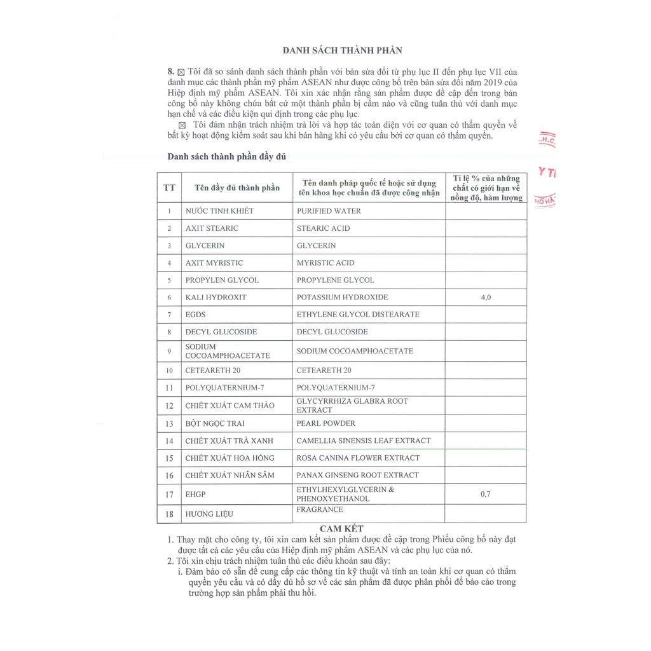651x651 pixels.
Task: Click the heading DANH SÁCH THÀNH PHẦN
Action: coord(342,50)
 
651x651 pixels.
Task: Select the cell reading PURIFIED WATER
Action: coord(329,211)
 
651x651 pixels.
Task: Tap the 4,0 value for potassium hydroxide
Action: coord(485,297)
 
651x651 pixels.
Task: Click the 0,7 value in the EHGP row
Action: coord(485,494)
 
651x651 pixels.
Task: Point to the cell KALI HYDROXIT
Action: coord(216,297)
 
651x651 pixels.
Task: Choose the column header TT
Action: coord(169,188)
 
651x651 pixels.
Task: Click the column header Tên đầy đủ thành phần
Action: coord(237,188)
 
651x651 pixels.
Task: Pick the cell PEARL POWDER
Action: coord(326,423)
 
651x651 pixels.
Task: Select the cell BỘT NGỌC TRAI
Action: coord(215,423)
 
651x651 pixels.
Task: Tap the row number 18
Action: coord(169,514)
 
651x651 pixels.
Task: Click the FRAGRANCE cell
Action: coord(320,509)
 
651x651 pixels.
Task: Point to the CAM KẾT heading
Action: coord(341,529)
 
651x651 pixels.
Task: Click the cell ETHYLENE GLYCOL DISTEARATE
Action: coord(358,314)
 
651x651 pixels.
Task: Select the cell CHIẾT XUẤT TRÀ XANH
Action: coord(230,441)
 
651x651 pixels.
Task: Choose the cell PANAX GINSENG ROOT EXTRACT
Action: coord(357,475)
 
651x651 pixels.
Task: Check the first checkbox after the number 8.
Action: coord(181,72)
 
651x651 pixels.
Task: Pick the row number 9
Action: coord(169,351)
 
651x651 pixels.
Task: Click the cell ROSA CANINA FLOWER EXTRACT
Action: coord(358,458)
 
